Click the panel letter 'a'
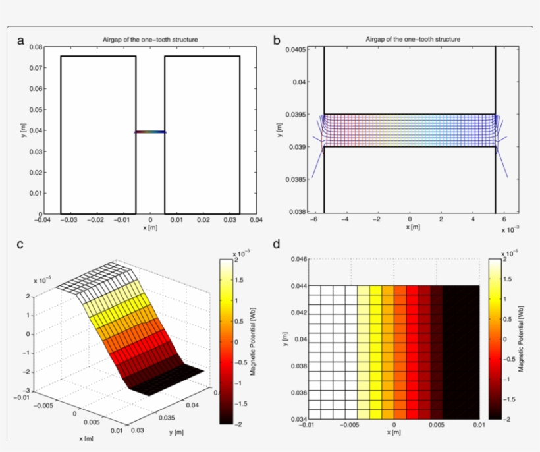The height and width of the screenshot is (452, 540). (21, 42)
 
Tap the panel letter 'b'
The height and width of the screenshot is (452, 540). (277, 42)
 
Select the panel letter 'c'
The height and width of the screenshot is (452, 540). (20, 244)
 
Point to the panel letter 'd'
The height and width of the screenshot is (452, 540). (277, 244)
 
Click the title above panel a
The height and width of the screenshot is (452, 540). (150, 40)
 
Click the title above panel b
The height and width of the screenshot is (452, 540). (413, 40)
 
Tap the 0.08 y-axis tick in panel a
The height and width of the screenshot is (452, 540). (35, 47)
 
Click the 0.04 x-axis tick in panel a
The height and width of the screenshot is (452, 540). (255, 221)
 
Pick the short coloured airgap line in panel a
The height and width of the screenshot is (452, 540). (150, 132)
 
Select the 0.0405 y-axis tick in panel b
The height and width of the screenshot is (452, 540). (299, 50)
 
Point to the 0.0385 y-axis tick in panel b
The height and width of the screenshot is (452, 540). (299, 179)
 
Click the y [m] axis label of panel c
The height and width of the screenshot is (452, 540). (175, 432)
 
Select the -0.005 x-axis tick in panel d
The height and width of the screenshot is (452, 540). (349, 425)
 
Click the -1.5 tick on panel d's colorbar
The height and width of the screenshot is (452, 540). (510, 399)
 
